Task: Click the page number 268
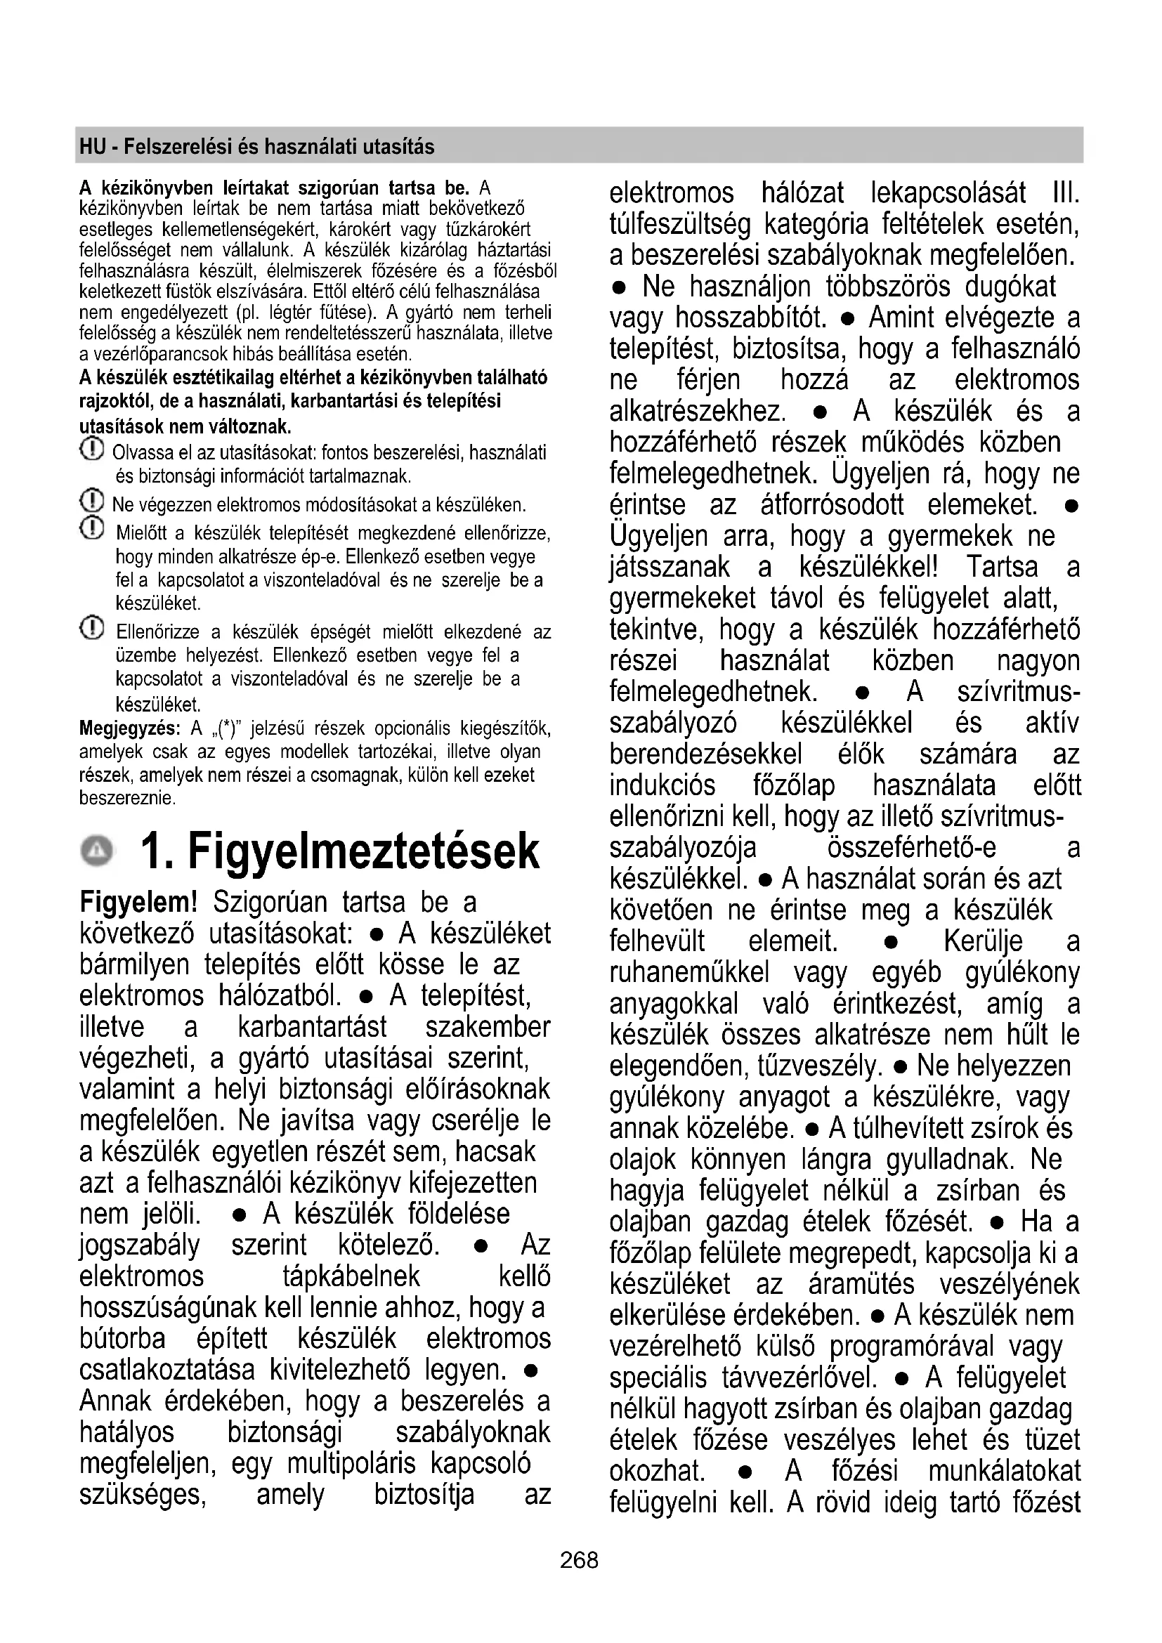tap(579, 1559)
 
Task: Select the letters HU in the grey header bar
tap(92, 147)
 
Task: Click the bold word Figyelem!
tap(138, 903)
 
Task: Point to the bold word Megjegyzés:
tap(129, 729)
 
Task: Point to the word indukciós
tap(662, 786)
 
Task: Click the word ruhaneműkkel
tap(689, 973)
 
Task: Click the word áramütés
tap(861, 1285)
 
